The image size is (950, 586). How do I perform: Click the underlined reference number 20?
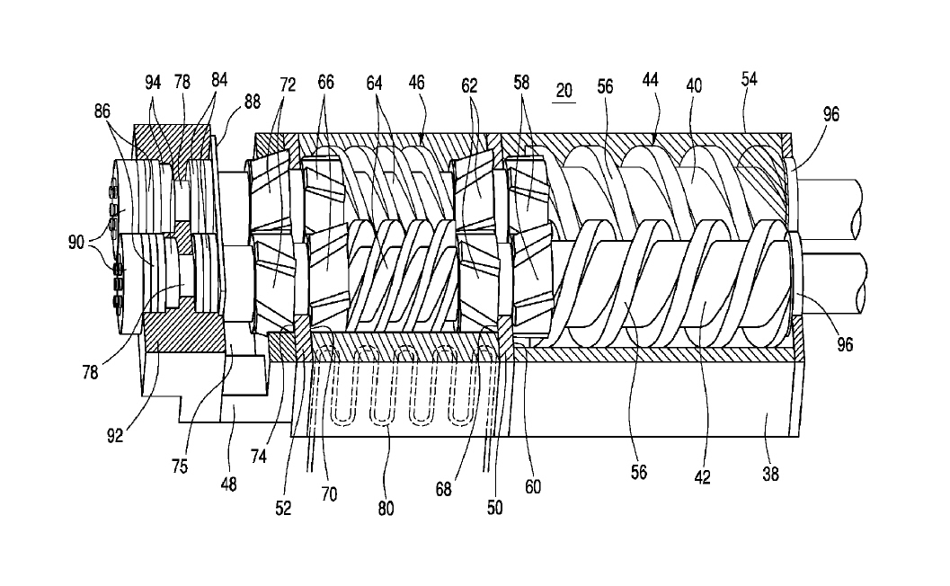(x=564, y=91)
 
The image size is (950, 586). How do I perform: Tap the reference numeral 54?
(x=749, y=79)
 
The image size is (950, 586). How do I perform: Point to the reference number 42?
(x=702, y=478)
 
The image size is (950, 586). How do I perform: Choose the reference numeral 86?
(x=102, y=112)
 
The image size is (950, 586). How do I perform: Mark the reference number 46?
(x=416, y=84)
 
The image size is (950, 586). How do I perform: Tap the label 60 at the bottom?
(x=533, y=487)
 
